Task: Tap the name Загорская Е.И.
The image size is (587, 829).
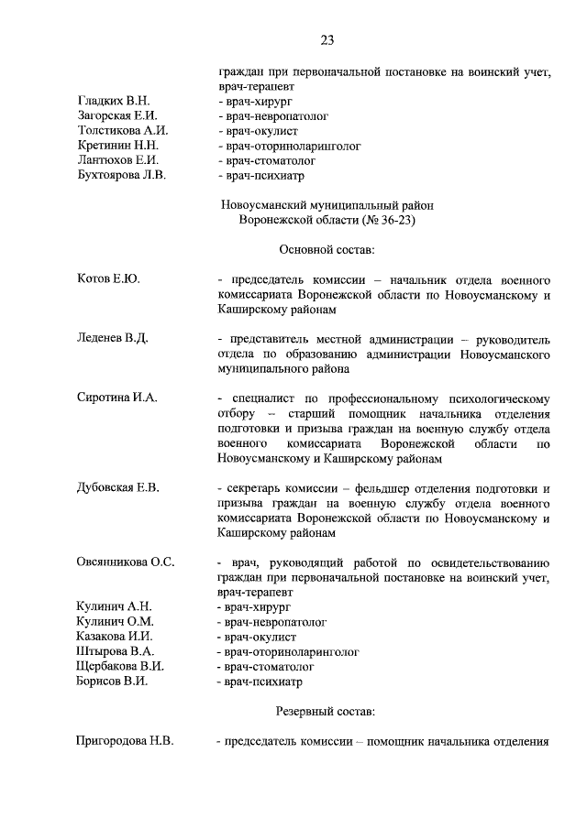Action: coord(117,116)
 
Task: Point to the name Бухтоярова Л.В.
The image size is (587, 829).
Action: coord(121,175)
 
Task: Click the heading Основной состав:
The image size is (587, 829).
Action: coord(326,249)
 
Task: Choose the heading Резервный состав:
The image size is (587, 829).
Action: coord(326,711)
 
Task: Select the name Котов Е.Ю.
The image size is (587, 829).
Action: coord(108,278)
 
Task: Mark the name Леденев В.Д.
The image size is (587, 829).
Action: coord(113,338)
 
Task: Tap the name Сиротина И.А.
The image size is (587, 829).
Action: coord(117,397)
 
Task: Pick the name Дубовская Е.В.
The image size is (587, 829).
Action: coord(118,487)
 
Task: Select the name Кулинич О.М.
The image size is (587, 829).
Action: coord(115,622)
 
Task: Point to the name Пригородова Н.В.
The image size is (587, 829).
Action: coord(125,741)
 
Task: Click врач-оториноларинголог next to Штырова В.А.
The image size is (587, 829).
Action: coord(287,652)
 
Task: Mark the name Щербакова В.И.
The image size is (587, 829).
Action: coord(120,667)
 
